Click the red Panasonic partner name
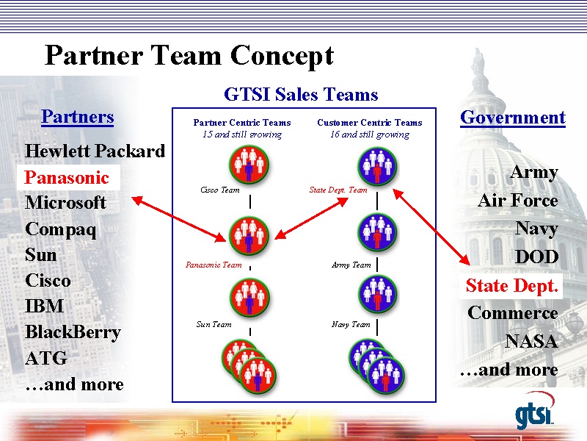coord(67,177)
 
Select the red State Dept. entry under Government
coord(511,286)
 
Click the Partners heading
coord(78,117)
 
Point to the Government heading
coord(513,118)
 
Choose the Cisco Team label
coord(219,190)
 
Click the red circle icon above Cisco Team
coord(249,165)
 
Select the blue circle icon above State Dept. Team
coord(377,166)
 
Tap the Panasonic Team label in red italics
coord(214,265)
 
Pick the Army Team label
coord(351,265)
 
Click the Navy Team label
coord(351,324)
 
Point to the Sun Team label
coord(214,324)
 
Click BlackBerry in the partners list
coord(73,332)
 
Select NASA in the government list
coord(531,341)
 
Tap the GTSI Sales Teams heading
coord(301,94)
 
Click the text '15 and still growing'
coord(242,135)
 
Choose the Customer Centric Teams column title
coord(370,123)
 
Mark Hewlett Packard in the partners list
coord(95,151)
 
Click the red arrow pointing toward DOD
coord(431,227)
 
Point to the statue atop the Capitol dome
coord(478,61)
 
